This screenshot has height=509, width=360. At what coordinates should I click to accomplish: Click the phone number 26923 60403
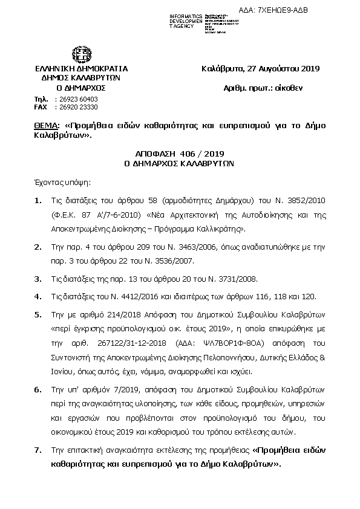pos(76,99)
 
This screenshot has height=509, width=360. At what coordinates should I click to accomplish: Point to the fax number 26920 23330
pos(76,106)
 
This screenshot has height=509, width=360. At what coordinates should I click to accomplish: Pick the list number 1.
pos(38,200)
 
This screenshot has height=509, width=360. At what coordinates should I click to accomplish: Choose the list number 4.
pos(38,296)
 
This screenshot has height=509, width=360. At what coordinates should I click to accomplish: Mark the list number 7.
pos(38,450)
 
